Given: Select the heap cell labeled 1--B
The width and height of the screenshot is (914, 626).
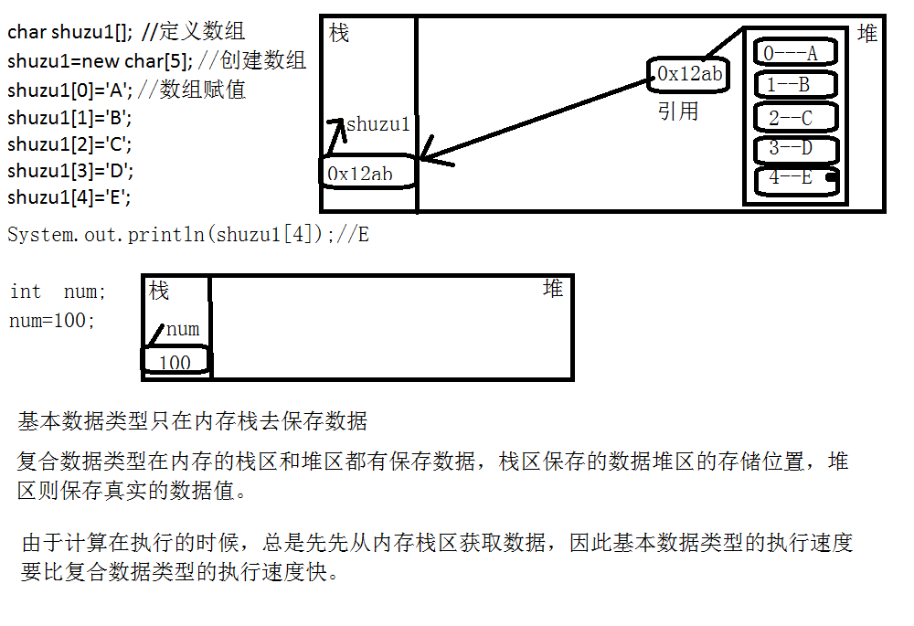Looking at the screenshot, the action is pyautogui.click(x=794, y=85).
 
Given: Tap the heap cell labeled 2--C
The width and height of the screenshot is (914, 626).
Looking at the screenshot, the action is pyautogui.click(x=795, y=118).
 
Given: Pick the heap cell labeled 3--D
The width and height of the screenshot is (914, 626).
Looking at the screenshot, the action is pyautogui.click(x=795, y=148).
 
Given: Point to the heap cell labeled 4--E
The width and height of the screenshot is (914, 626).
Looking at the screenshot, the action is pyautogui.click(x=795, y=179).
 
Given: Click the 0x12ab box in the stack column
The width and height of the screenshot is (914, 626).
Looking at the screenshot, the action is pyautogui.click(x=367, y=173).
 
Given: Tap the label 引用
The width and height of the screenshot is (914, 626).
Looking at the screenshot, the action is pyautogui.click(x=678, y=111).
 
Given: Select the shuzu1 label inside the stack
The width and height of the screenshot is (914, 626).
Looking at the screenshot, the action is pyautogui.click(x=378, y=124).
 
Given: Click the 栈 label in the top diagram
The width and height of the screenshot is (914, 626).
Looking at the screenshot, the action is pyautogui.click(x=339, y=34).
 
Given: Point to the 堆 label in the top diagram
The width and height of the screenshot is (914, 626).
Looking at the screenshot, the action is pyautogui.click(x=867, y=34).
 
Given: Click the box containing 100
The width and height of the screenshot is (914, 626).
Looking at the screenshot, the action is pyautogui.click(x=175, y=362).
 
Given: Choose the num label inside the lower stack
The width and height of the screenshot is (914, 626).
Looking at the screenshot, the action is pyautogui.click(x=183, y=329).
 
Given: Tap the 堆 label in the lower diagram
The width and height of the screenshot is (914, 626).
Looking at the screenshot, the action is pyautogui.click(x=553, y=290).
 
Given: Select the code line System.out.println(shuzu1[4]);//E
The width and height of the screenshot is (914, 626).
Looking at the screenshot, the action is pyautogui.click(x=188, y=234).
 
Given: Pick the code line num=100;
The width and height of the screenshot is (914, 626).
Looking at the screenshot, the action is pyautogui.click(x=52, y=321).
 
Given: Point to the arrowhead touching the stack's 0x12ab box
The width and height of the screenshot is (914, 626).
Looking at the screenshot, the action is pyautogui.click(x=430, y=159).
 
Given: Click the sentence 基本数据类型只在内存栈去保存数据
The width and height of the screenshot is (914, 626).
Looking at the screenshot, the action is pyautogui.click(x=193, y=421).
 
